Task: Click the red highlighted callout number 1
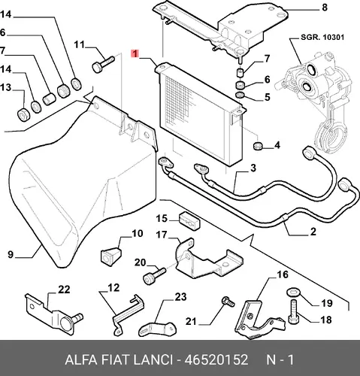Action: [x=135, y=53]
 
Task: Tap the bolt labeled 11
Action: [x=104, y=64]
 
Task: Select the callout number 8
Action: [x=325, y=8]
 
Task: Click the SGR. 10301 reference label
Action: [x=322, y=38]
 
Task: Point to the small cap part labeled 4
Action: [x=258, y=145]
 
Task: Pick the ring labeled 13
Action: [x=24, y=114]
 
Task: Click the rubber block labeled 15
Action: [x=189, y=220]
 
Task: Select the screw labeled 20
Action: [x=154, y=276]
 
